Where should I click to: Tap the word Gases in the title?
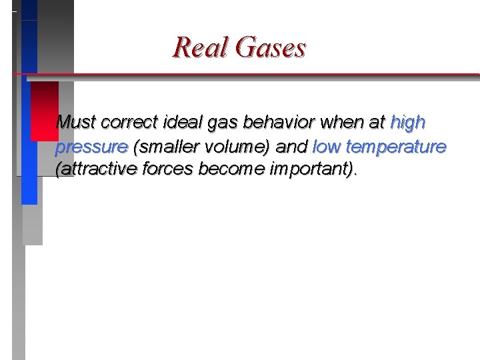click(271, 47)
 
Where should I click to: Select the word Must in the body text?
click(76, 123)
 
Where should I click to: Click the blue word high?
click(408, 123)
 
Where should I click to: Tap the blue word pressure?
click(92, 147)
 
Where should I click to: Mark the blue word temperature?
click(396, 147)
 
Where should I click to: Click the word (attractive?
click(95, 169)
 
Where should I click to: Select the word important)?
click(312, 170)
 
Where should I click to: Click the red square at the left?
click(45, 111)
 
